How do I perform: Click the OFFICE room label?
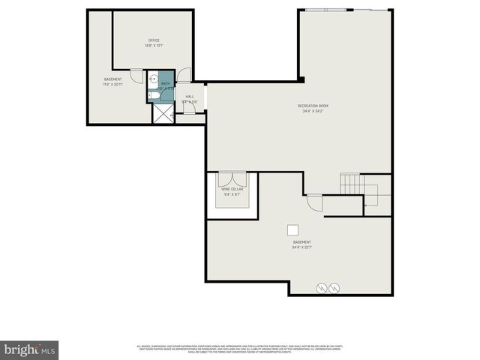pos(154,40)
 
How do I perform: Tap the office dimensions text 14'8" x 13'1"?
pos(154,46)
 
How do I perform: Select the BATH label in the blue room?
pos(165,84)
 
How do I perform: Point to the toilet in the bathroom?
pos(151,88)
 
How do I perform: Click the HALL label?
pos(190,97)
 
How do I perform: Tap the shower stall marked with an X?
pos(162,112)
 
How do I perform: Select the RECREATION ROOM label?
pos(313,106)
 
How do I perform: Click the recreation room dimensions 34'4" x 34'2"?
pos(313,112)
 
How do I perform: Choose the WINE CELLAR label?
pos(232,189)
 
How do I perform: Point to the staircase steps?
pos(351,182)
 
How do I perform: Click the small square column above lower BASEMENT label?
pos(294,230)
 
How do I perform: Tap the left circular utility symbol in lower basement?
pos(322,286)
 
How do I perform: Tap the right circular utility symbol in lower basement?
pos(334,286)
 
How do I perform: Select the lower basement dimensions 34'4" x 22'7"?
pos(302,247)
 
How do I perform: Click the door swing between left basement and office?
pos(136,75)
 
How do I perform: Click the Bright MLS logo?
pos(30,349)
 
